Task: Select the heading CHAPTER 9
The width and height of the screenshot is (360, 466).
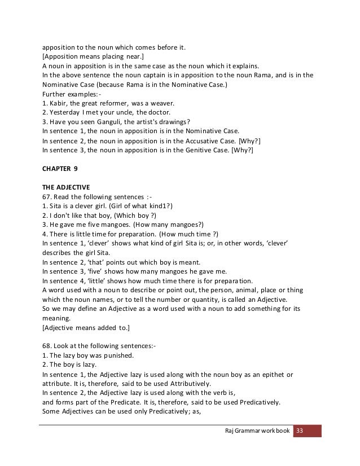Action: click(x=60, y=168)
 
